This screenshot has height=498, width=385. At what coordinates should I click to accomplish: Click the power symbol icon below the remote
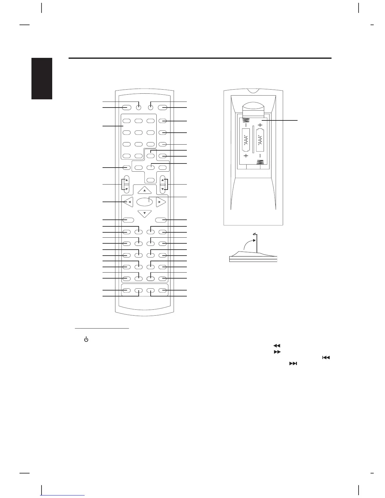[86, 340]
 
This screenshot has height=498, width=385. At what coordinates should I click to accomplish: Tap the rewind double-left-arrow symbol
[277, 346]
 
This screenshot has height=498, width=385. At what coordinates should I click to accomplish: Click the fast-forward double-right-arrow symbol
[277, 352]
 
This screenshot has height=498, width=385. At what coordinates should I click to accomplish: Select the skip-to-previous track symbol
[326, 357]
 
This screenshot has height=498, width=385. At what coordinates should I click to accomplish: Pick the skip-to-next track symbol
[293, 363]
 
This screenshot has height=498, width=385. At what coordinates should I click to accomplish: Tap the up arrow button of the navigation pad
[144, 190]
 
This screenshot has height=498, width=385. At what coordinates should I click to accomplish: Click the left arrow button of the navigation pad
[129, 202]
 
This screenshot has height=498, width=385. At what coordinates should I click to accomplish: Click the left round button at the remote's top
[139, 107]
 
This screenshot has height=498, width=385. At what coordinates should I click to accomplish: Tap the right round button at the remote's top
[151, 107]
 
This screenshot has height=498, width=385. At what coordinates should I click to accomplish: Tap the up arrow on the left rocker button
[126, 180]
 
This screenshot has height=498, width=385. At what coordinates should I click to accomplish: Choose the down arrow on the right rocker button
[163, 189]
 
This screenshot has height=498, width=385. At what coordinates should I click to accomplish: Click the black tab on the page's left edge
[42, 79]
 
